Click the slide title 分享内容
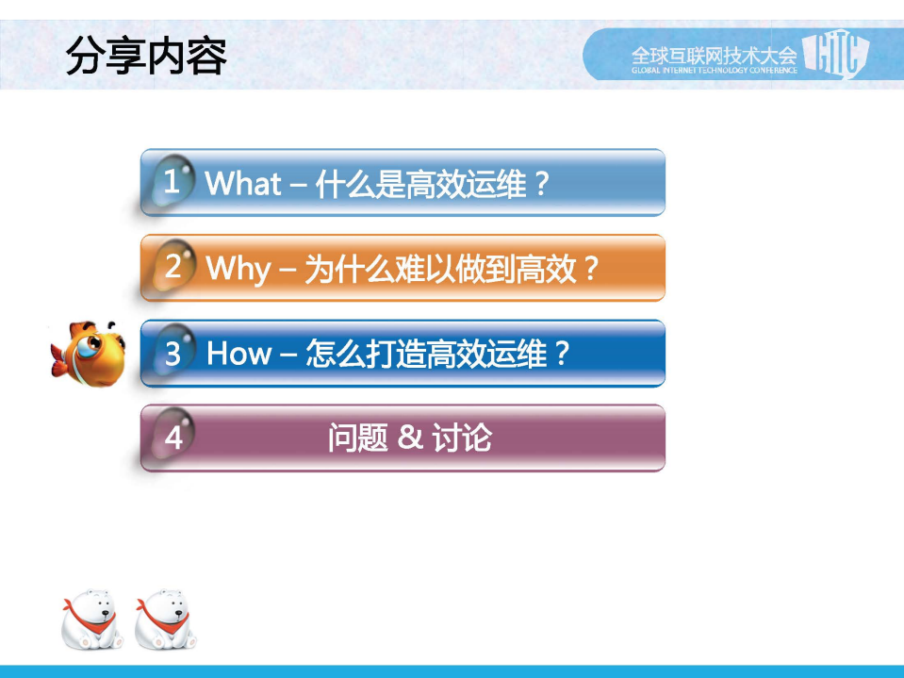[147, 58]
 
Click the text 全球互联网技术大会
[714, 53]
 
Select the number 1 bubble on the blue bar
[171, 181]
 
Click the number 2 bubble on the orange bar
[173, 267]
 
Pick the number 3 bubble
[173, 354]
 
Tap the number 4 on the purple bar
[173, 438]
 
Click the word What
[243, 182]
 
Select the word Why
[238, 269]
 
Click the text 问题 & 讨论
[410, 438]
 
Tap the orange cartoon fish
[87, 354]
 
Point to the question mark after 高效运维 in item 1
[541, 183]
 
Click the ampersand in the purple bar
[409, 438]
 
